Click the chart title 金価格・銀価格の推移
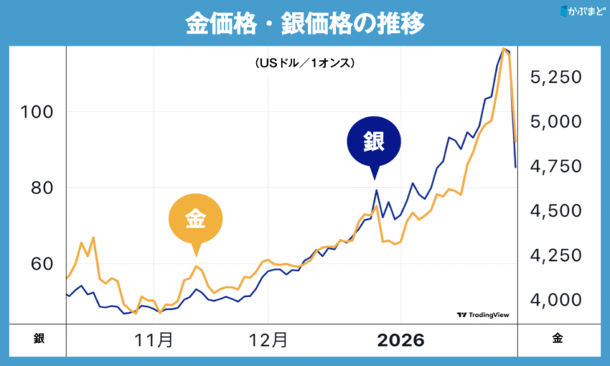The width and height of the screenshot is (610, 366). [x=304, y=22]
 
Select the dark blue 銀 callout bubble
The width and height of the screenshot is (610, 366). [x=373, y=142]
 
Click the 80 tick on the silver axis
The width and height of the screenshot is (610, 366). [x=36, y=188]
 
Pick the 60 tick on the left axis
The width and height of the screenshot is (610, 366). [x=36, y=264]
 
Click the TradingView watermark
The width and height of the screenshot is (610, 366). [x=483, y=315]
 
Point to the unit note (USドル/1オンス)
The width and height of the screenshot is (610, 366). [x=304, y=62]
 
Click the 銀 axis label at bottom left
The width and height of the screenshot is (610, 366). [x=39, y=339]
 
